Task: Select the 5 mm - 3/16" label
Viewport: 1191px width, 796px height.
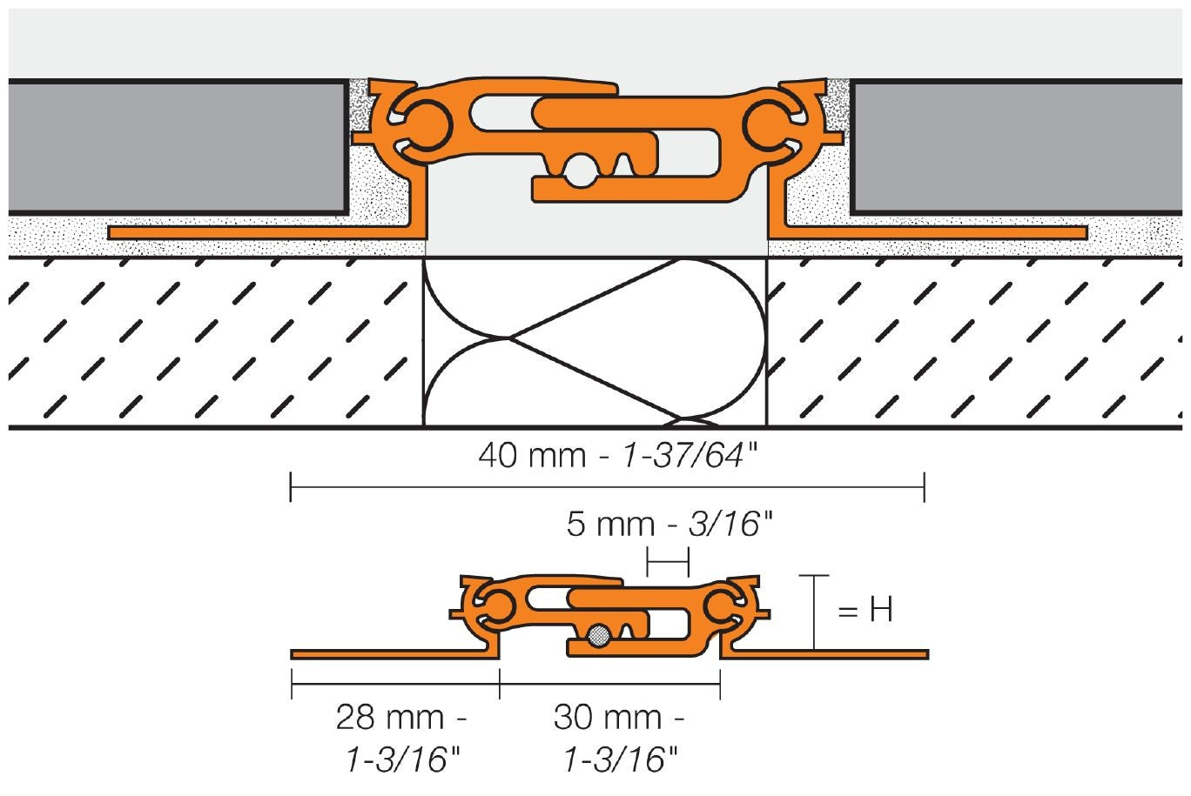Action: (669, 525)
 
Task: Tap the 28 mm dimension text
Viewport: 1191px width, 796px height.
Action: (401, 719)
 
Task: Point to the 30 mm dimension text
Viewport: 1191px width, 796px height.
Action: (619, 719)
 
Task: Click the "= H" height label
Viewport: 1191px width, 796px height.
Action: (865, 611)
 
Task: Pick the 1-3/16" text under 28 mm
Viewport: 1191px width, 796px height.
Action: (401, 760)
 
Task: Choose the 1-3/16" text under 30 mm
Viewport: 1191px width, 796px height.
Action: (619, 760)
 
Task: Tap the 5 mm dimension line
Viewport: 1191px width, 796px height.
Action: (668, 561)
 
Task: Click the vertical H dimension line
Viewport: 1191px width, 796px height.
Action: (814, 613)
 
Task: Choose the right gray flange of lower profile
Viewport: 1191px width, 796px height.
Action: (827, 653)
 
